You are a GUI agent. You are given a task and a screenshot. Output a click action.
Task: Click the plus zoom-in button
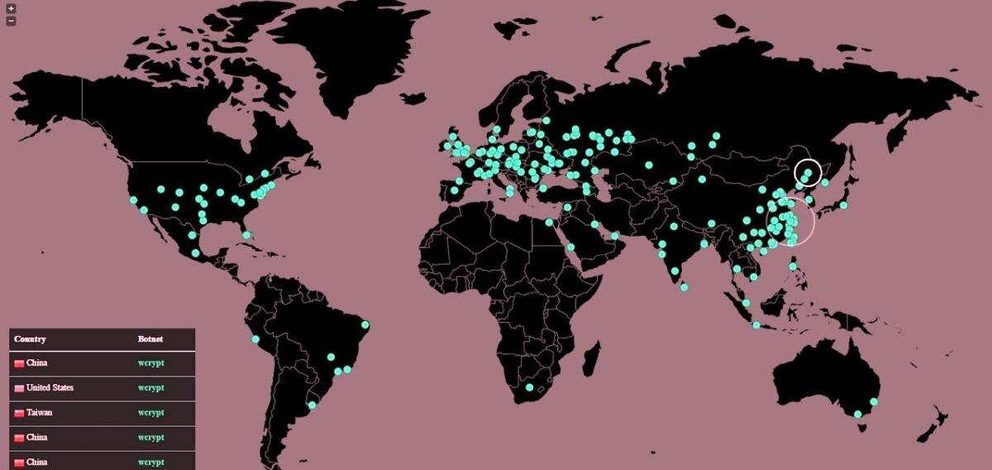pyautogui.click(x=11, y=9)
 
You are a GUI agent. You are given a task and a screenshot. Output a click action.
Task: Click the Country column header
pyautogui.click(x=30, y=339)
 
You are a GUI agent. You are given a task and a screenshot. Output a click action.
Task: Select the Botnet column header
pyautogui.click(x=150, y=339)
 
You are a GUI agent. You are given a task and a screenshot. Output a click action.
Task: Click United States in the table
pyautogui.click(x=50, y=387)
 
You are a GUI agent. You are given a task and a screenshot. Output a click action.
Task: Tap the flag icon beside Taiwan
pyautogui.click(x=19, y=413)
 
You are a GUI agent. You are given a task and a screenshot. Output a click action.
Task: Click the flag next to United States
pyautogui.click(x=19, y=388)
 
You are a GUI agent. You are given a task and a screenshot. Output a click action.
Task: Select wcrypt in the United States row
pyautogui.click(x=151, y=387)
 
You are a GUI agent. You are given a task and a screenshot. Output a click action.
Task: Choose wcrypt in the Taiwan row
pyautogui.click(x=151, y=412)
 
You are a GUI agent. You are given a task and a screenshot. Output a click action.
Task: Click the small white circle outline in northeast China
pyautogui.click(x=808, y=173)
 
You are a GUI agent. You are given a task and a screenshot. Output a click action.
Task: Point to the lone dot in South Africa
pyautogui.click(x=529, y=387)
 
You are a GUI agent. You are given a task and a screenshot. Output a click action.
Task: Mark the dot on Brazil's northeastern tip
pyautogui.click(x=365, y=324)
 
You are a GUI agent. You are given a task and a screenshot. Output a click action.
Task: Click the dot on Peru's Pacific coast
pyautogui.click(x=255, y=339)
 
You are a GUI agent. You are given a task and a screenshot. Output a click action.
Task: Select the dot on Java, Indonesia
pyautogui.click(x=756, y=325)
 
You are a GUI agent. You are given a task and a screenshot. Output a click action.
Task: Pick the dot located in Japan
pyautogui.click(x=843, y=205)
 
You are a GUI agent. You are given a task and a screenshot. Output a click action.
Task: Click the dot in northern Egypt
pyautogui.click(x=549, y=222)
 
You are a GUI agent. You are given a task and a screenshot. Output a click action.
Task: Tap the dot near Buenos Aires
pyautogui.click(x=312, y=405)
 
